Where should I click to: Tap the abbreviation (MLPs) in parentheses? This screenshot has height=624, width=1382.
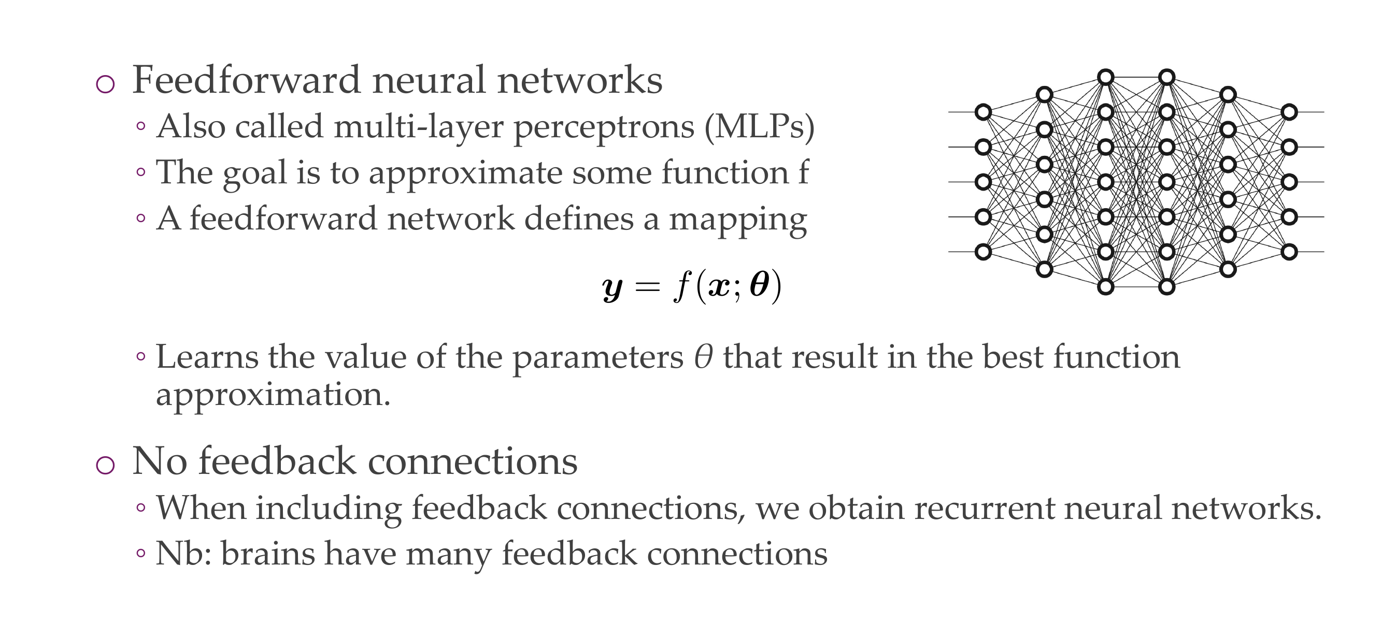(759, 127)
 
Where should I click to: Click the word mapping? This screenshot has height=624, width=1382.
(738, 220)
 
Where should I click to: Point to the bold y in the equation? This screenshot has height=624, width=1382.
(612, 288)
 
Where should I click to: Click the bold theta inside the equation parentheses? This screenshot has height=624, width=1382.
(759, 285)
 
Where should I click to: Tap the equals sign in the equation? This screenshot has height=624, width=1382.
(647, 287)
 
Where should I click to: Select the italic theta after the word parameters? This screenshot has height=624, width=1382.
(703, 357)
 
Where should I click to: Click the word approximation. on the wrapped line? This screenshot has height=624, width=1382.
(273, 396)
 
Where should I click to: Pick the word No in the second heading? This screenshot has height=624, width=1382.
(159, 461)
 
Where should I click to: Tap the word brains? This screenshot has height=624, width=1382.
(268, 553)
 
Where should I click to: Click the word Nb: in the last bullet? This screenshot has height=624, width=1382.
(183, 553)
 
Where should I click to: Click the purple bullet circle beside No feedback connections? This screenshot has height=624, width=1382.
(105, 465)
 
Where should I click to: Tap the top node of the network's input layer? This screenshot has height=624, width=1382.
(983, 112)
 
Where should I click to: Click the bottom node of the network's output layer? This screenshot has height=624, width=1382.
(1289, 252)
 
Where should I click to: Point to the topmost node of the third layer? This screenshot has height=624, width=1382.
(1106, 77)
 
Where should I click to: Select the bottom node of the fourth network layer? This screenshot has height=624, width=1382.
(1167, 287)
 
